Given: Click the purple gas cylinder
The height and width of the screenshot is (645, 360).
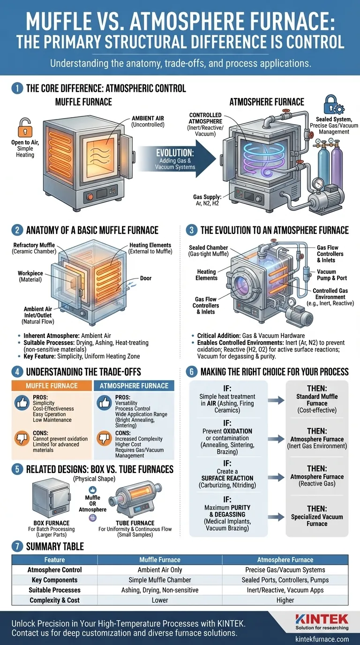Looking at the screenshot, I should pyautogui.click(x=337, y=164).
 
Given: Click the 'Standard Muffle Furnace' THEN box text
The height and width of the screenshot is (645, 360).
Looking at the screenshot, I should pyautogui.click(x=317, y=403).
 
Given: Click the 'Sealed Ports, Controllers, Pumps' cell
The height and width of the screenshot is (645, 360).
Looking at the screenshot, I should pyautogui.click(x=285, y=580).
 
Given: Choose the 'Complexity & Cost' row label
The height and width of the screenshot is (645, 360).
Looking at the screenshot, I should pyautogui.click(x=54, y=600).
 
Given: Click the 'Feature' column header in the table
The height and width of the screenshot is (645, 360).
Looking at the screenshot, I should pyautogui.click(x=54, y=560).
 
